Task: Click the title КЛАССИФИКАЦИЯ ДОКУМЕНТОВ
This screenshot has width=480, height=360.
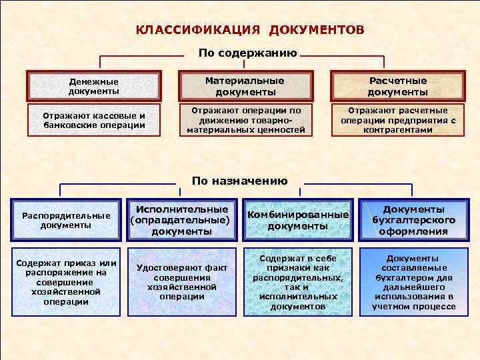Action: [250, 30]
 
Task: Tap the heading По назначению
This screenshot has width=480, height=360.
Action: [239, 181]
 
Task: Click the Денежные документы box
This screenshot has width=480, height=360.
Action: [94, 86]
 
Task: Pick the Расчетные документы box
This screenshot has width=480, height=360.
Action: [397, 86]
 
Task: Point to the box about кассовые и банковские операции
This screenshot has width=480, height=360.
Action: [94, 120]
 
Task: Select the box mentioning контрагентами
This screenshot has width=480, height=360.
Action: [397, 120]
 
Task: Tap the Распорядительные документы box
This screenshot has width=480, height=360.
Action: [66, 220]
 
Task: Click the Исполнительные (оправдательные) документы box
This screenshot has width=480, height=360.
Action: [182, 220]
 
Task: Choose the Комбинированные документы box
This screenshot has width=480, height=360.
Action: [298, 220]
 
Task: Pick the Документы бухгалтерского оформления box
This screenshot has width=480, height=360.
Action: [414, 220]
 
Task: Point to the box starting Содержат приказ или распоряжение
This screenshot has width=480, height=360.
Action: [66, 282]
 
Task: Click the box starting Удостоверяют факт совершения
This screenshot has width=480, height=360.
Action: [182, 282]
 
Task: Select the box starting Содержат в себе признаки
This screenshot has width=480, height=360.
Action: [298, 282]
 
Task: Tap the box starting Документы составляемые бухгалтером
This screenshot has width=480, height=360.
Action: [414, 282]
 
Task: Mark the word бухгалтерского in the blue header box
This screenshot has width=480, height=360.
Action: [414, 220]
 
